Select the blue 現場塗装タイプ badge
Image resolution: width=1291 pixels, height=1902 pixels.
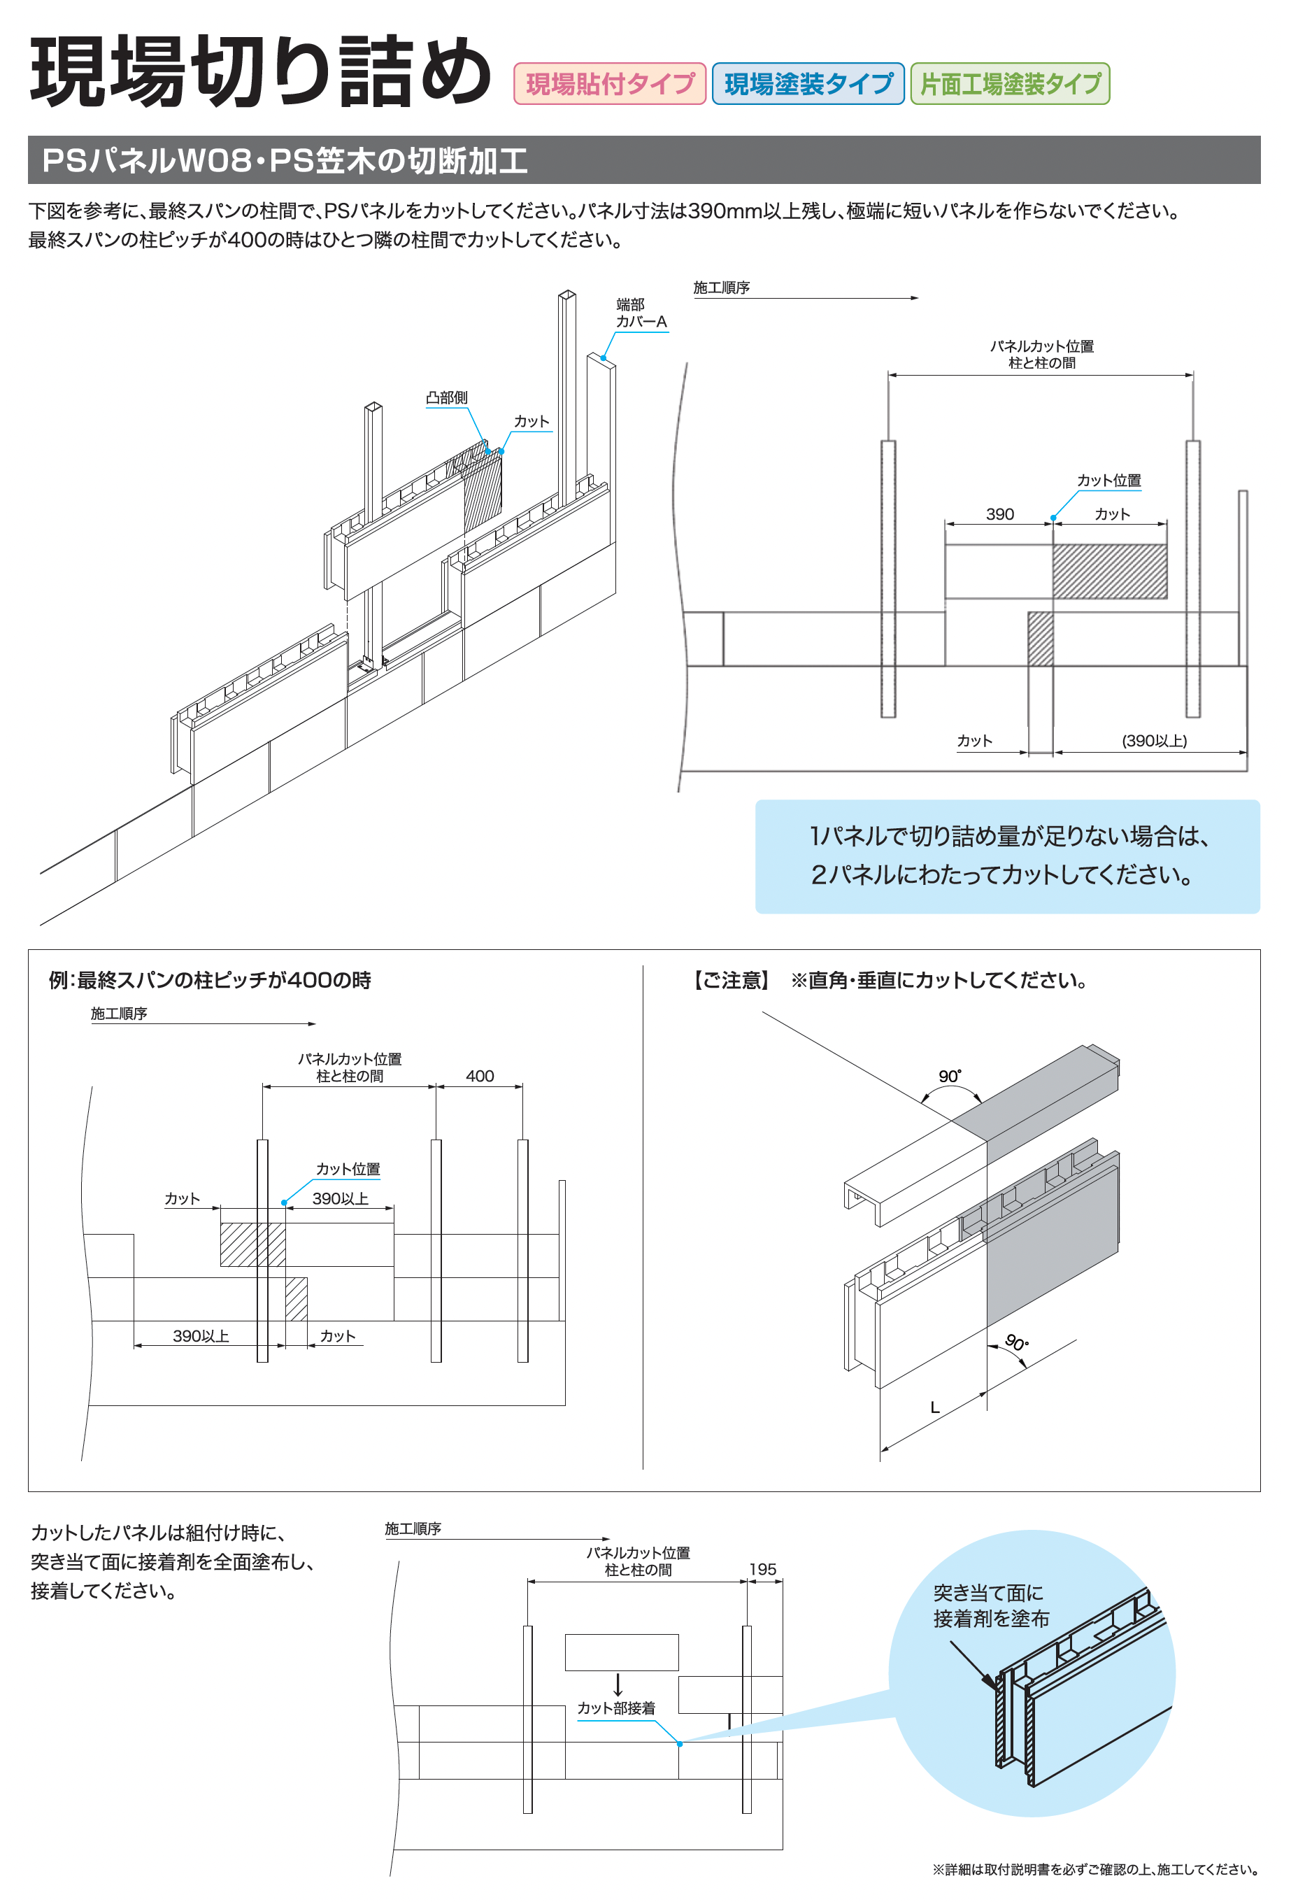coord(808,83)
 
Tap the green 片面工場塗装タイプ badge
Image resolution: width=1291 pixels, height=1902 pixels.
coord(1010,83)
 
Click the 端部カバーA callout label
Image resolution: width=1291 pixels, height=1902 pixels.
coord(641,313)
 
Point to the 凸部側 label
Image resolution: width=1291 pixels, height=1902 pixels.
coord(447,398)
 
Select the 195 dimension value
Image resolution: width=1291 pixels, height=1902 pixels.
coord(762,1569)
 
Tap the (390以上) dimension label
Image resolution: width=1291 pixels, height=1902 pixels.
coord(1153,741)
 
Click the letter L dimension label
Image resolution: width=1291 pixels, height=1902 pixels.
coord(934,1407)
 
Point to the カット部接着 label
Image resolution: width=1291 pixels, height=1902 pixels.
coord(616,1708)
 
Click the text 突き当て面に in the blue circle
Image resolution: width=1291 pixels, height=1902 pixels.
coord(988,1594)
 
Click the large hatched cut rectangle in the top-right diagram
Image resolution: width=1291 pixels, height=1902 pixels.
coord(1109,572)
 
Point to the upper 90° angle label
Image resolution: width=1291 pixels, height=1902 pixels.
coord(949,1077)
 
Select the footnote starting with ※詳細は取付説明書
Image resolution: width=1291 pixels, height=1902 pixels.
coord(1094,1869)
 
